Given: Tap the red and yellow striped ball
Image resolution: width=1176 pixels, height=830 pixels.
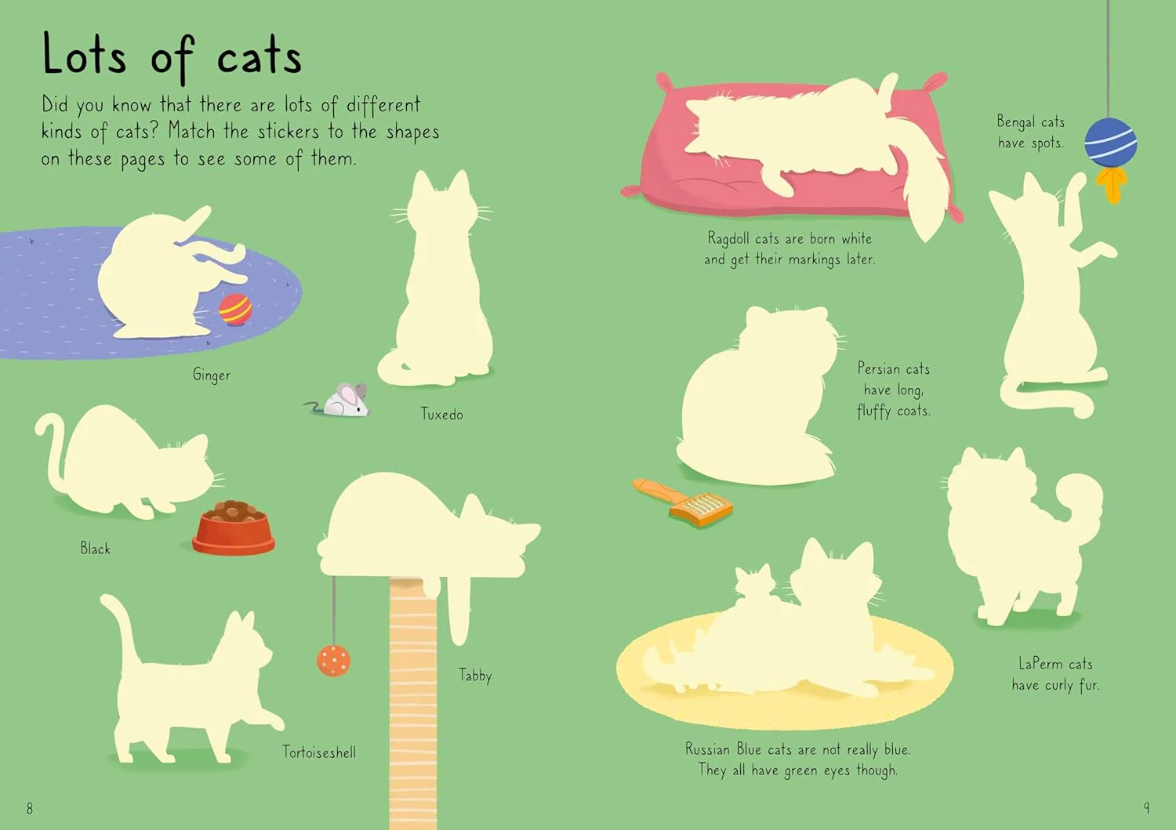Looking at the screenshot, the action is pos(235,310).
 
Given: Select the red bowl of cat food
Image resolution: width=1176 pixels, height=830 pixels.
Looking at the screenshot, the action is pos(234,527).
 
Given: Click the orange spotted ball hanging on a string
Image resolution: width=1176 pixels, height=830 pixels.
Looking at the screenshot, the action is pos(333,661).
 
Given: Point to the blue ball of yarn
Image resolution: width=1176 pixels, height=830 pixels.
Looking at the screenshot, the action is pos(1110,143).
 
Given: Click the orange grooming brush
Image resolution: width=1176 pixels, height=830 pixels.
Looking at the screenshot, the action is pos(683,502).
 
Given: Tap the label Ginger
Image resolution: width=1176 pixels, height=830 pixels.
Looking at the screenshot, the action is pos(212,375).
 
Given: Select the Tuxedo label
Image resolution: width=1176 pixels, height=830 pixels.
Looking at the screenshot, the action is pos(442,414).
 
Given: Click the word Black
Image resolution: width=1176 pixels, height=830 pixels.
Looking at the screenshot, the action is pos(95,549).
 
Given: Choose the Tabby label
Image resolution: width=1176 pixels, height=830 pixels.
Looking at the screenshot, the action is pos(475,675).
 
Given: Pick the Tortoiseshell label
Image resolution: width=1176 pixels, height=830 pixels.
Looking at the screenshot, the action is pos(319,752).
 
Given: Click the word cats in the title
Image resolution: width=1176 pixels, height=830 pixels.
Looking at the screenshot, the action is pos(260,58).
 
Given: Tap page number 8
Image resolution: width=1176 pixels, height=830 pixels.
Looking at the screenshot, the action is pos(30,809).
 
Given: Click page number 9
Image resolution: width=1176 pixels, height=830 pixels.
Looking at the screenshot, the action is pos(1146,808).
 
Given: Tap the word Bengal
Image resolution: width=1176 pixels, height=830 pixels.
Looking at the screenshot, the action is pos(1015,122).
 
